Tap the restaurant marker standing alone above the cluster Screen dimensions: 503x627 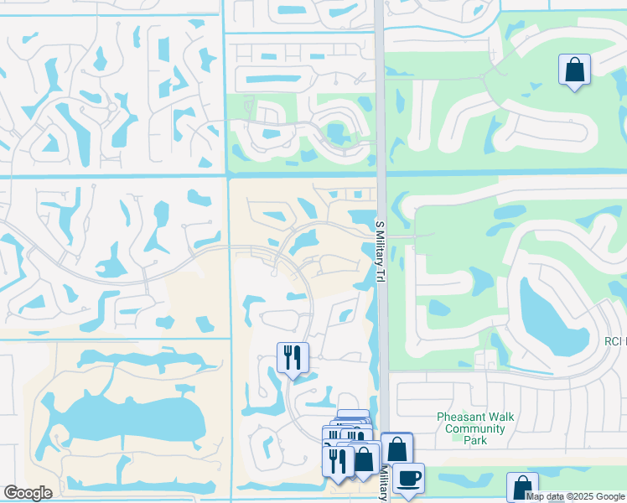pyautogui.click(x=293, y=358)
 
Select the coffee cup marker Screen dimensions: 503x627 pyautogui.click(x=408, y=478)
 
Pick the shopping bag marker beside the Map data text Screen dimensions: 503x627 pyautogui.click(x=522, y=487)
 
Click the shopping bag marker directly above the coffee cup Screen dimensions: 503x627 pyautogui.click(x=396, y=448)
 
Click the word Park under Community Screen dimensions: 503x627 pyautogui.click(x=475, y=440)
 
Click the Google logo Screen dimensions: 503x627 pyautogui.click(x=28, y=493)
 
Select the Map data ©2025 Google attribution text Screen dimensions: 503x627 pyautogui.click(x=575, y=495)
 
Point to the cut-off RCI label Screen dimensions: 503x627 pyautogui.click(x=615, y=341)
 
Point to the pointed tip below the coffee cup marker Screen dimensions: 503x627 pyautogui.click(x=408, y=497)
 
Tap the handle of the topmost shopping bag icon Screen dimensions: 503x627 pyautogui.click(x=575, y=62)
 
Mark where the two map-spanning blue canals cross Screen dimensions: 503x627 pyautogui.click(x=227, y=176)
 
